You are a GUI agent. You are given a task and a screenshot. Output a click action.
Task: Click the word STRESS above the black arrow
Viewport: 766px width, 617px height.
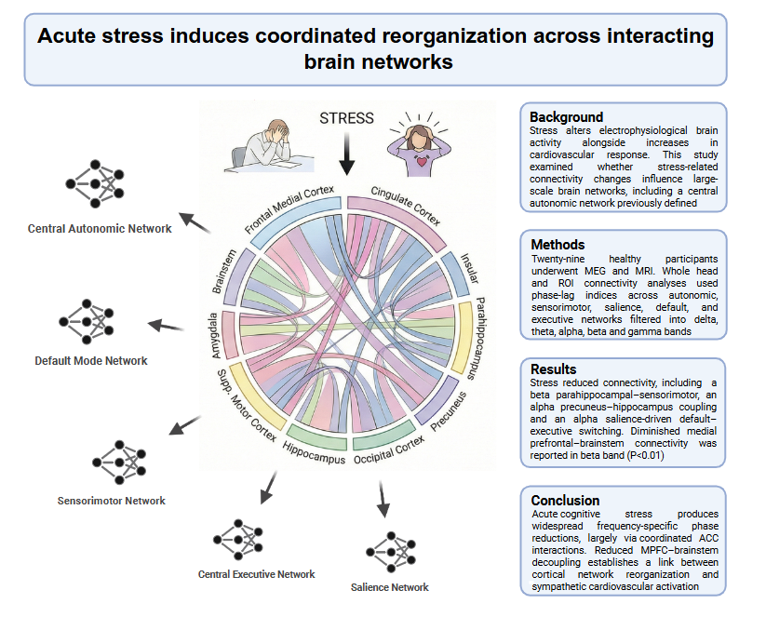346,118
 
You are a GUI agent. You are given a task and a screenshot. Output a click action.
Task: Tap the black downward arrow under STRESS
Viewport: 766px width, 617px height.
347,154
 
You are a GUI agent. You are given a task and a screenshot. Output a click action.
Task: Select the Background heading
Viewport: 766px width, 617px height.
566,117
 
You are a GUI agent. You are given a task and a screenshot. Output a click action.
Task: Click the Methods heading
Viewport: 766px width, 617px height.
558,244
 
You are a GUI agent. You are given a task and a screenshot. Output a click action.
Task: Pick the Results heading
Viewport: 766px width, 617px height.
556,369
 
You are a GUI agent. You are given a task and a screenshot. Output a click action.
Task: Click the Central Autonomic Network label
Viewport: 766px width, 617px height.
100,228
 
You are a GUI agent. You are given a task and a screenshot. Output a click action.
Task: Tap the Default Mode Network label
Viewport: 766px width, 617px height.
91,360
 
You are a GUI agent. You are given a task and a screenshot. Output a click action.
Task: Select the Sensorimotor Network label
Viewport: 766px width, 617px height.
112,501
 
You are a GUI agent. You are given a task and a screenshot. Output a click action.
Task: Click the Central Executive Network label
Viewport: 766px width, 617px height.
256,574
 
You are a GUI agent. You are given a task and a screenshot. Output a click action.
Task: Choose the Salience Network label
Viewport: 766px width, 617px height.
389,587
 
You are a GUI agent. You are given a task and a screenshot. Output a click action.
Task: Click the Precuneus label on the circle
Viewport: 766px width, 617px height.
450,409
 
